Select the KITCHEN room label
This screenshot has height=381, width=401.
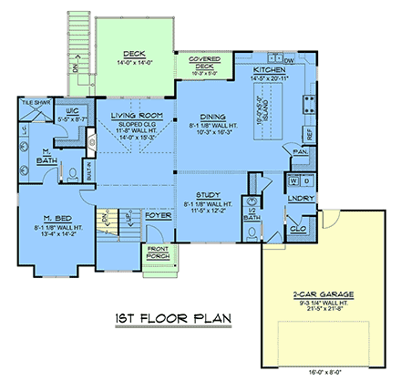point(272,69)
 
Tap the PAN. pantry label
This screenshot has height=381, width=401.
point(299,154)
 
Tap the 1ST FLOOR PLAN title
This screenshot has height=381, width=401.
point(171,320)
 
